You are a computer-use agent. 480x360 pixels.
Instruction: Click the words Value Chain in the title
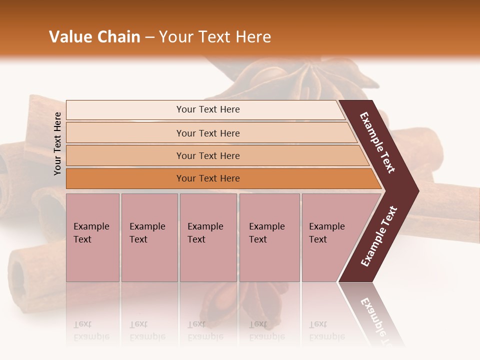[94, 37]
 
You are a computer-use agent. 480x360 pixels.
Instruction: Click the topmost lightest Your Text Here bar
[207, 109]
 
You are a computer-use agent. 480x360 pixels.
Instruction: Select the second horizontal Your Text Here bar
[207, 133]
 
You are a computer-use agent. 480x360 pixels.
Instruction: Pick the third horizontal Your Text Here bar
[207, 155]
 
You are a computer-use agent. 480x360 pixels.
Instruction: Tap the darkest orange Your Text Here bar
[207, 178]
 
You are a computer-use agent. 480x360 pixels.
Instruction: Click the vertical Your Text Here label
[57, 143]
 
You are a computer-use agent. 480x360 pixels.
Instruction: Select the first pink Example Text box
[92, 237]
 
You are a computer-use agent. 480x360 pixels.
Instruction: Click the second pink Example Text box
[149, 237]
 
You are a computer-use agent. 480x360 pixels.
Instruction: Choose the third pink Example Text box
[208, 237]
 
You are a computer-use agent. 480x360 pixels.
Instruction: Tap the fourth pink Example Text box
[269, 237]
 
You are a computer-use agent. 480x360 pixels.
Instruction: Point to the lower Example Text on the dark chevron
[379, 236]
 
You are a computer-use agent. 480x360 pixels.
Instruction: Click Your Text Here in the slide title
[215, 37]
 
